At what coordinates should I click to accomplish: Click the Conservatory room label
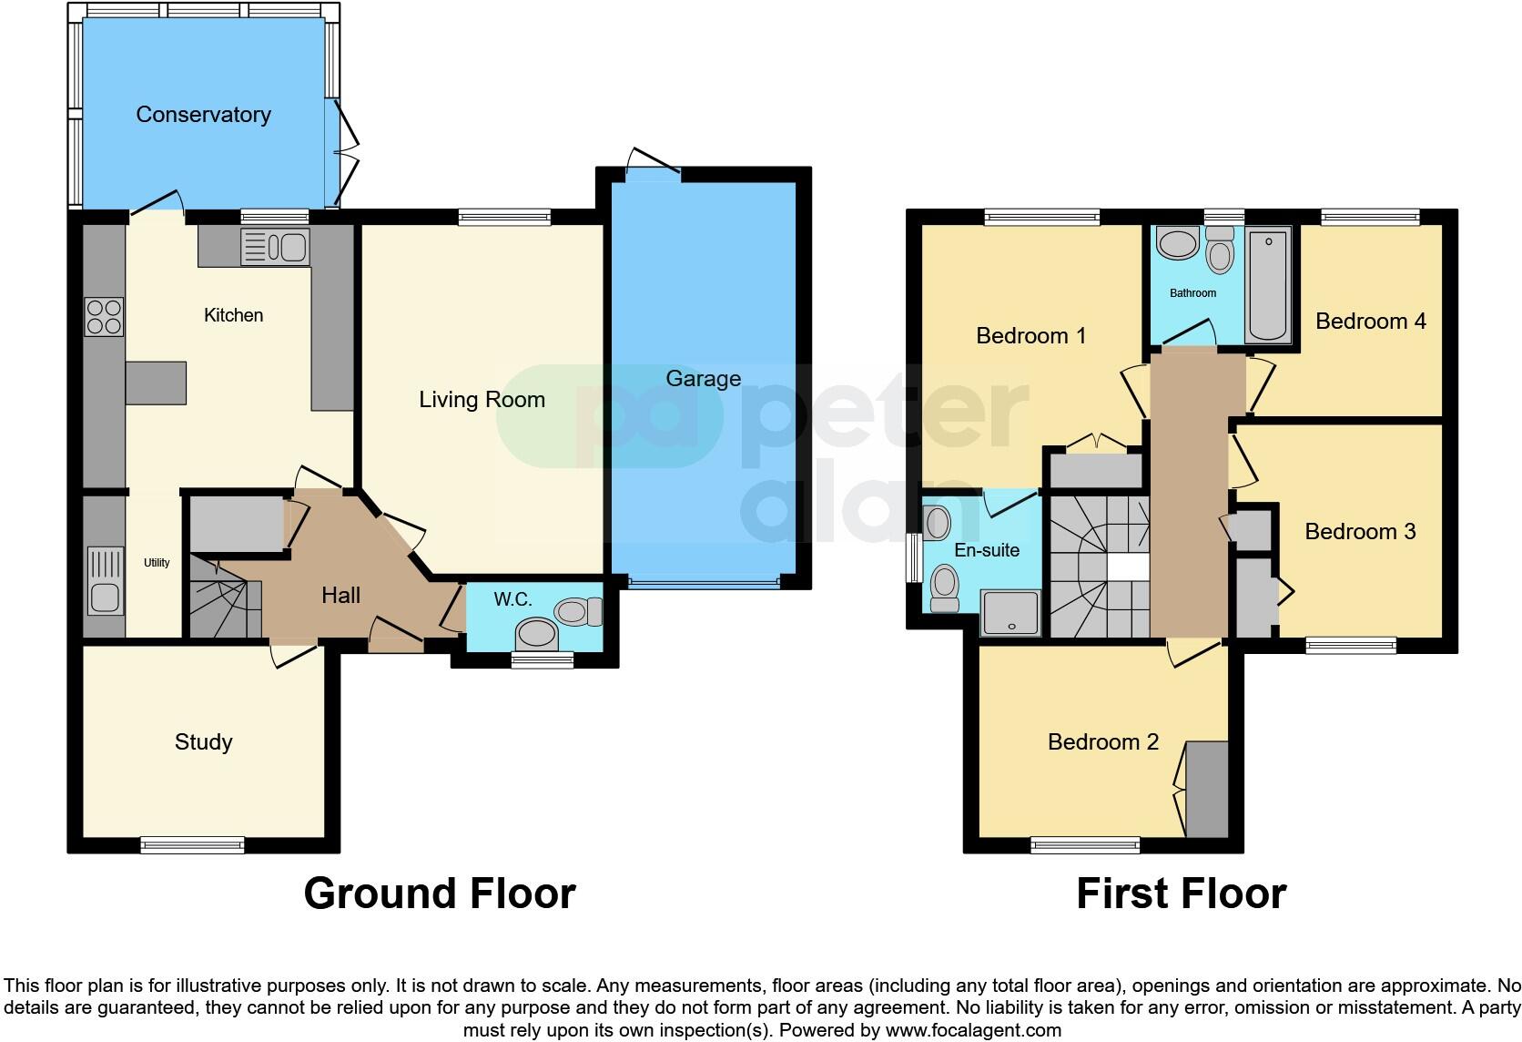(x=203, y=115)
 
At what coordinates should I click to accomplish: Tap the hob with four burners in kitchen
(x=104, y=317)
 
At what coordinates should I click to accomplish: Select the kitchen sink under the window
(x=276, y=247)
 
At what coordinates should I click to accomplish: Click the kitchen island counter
(x=156, y=383)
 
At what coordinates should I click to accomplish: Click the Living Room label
(x=482, y=400)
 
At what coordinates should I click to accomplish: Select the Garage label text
(x=703, y=379)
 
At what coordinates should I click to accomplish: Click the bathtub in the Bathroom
(x=1268, y=284)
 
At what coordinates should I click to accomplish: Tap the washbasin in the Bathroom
(x=1178, y=244)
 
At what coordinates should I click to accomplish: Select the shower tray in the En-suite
(x=1010, y=612)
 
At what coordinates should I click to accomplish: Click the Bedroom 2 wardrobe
(x=1207, y=789)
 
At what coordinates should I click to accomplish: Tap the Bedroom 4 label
(x=1370, y=322)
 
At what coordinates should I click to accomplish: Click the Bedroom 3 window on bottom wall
(x=1350, y=645)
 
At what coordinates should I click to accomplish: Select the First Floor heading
(x=1181, y=894)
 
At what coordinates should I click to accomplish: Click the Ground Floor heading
(x=440, y=894)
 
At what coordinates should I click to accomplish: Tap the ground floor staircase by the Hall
(x=224, y=601)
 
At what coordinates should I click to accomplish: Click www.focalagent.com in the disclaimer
(x=973, y=1031)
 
